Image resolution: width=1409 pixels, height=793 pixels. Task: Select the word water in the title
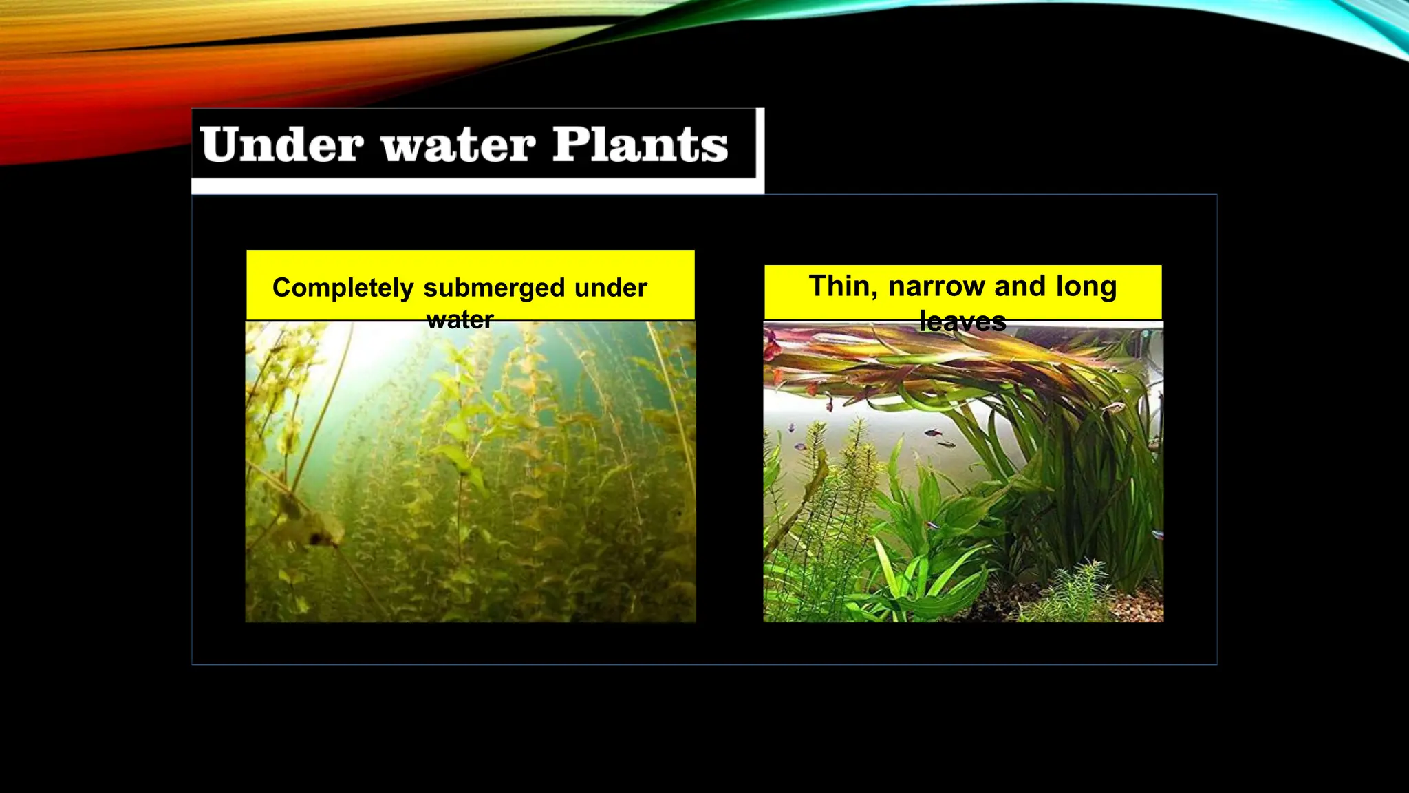(458, 146)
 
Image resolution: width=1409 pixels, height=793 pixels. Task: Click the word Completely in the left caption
(343, 288)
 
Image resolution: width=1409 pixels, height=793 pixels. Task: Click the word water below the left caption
(460, 320)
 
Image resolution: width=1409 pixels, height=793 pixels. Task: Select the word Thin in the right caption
(843, 286)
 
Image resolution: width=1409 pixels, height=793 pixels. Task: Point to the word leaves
(962, 321)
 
